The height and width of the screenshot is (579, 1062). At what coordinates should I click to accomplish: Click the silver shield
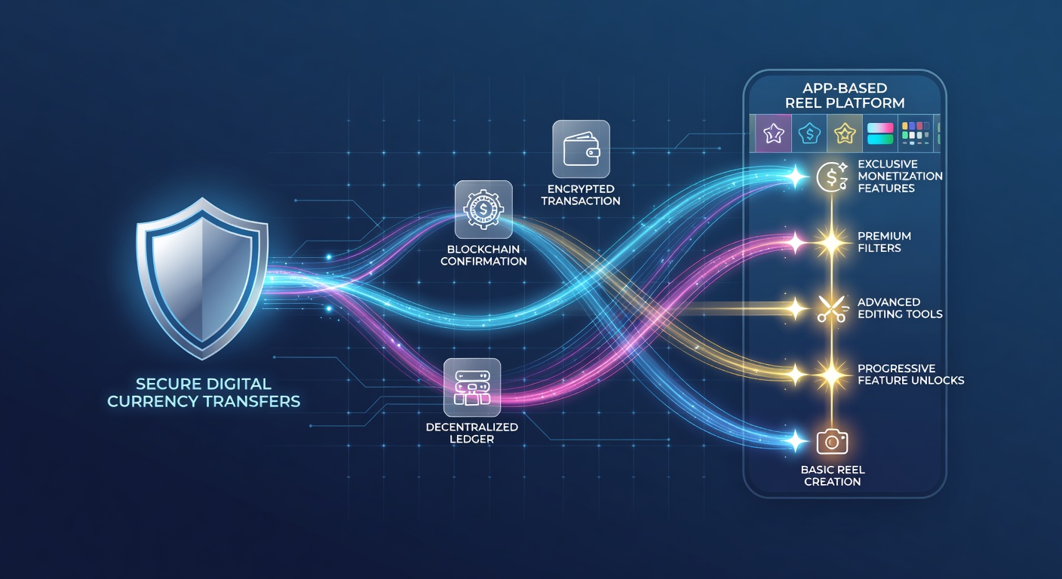point(202,279)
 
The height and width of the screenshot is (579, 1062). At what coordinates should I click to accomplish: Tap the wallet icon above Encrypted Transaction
point(582,149)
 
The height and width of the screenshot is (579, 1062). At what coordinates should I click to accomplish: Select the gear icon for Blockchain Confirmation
point(483,210)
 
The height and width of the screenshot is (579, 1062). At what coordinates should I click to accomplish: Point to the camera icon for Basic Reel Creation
point(832,442)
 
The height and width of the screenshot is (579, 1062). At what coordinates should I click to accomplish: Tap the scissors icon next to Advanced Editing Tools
point(832,309)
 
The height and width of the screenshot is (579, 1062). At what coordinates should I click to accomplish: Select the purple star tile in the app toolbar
point(773,133)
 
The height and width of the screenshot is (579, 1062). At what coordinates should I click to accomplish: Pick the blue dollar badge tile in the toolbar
point(809,133)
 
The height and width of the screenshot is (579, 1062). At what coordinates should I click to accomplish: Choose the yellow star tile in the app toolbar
point(845,133)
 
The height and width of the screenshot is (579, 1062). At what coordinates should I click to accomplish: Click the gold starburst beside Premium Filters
point(832,243)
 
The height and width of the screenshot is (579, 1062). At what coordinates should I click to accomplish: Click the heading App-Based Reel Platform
point(845,95)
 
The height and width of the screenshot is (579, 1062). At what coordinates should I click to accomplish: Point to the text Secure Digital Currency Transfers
point(204,392)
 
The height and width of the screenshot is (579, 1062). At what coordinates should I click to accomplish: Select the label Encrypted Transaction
point(581,195)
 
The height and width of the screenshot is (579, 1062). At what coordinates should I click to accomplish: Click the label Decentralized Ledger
point(471,433)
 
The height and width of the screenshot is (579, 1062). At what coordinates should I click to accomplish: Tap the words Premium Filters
point(884,242)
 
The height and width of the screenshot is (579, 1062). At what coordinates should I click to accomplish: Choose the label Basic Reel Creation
point(833,476)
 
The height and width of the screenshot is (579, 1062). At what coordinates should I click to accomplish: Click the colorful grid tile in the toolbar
point(916,133)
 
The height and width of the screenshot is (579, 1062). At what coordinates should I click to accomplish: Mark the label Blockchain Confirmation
point(483,255)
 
